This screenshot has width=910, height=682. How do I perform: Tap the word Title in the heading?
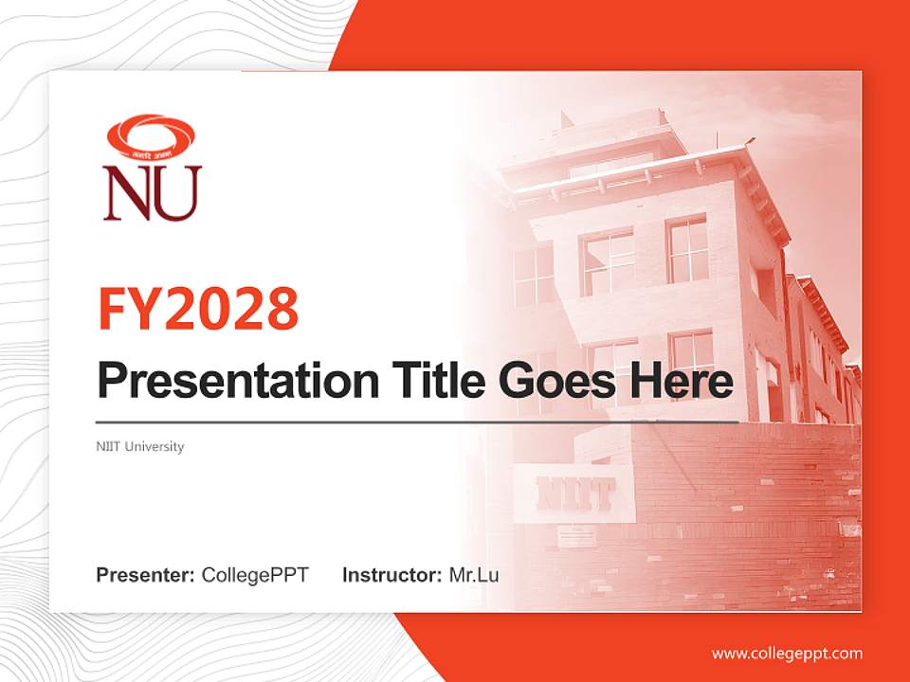pyautogui.click(x=433, y=381)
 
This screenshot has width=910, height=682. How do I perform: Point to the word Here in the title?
pyautogui.click(x=682, y=381)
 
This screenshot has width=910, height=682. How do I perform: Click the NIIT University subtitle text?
pyautogui.click(x=140, y=446)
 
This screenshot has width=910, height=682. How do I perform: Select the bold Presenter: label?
pyautogui.click(x=146, y=575)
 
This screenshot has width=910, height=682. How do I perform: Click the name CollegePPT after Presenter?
pyautogui.click(x=255, y=575)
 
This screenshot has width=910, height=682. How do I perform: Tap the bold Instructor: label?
pyautogui.click(x=391, y=575)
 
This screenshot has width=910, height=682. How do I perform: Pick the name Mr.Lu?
pyautogui.click(x=474, y=575)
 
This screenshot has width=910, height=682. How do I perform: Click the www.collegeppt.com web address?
pyautogui.click(x=787, y=653)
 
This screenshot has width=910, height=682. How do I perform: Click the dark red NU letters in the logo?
pyautogui.click(x=152, y=193)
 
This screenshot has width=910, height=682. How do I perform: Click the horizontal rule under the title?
pyautogui.click(x=417, y=422)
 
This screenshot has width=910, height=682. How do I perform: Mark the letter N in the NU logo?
pyautogui.click(x=128, y=193)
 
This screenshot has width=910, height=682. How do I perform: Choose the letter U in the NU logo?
pyautogui.click(x=177, y=193)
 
